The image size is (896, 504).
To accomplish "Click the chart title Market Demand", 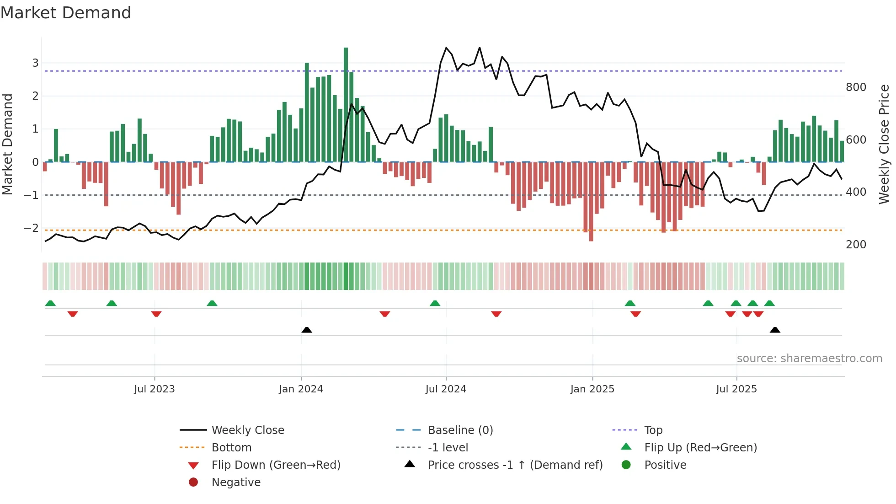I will [66, 13].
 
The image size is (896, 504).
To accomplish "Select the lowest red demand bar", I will [591, 201].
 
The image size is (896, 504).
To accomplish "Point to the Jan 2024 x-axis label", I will [301, 389].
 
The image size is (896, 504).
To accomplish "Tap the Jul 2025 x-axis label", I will [736, 389].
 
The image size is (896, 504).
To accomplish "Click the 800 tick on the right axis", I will [856, 87].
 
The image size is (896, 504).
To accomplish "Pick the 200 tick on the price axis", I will [856, 245].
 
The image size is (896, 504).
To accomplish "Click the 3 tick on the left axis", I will [35, 63].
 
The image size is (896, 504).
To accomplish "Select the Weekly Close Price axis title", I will [884, 144].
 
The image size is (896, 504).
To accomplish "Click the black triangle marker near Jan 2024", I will [307, 330].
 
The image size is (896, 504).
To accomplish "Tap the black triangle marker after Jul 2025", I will [775, 330].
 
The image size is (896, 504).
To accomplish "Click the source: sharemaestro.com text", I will [809, 359].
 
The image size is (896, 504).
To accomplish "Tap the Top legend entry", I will [653, 430].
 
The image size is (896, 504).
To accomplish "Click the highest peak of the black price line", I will [447, 48].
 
